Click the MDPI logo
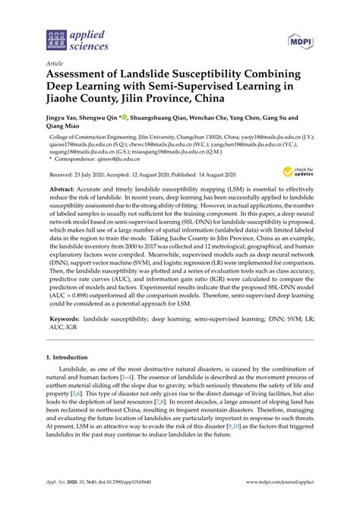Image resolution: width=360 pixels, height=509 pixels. pyautogui.click(x=300, y=40)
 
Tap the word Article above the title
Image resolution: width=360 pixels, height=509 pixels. pyautogui.click(x=55, y=65)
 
